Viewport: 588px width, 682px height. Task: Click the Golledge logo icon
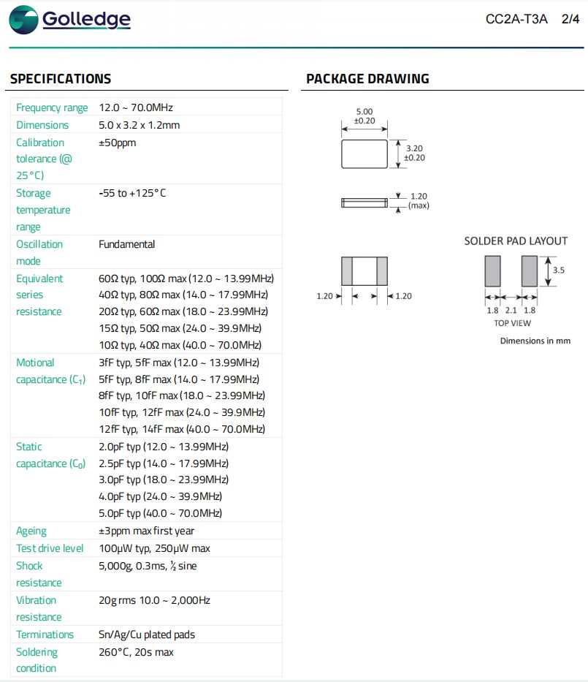click(x=23, y=20)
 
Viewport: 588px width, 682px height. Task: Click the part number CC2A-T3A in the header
click(x=516, y=19)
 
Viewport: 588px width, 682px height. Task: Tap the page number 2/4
click(x=570, y=19)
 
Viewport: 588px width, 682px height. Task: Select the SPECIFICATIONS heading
click(x=61, y=79)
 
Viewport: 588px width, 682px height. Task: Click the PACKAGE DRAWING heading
click(x=367, y=79)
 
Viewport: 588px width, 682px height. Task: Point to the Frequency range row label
click(x=52, y=107)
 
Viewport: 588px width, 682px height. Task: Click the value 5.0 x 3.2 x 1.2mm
click(x=139, y=125)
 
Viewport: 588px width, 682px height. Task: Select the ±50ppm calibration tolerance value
click(x=117, y=143)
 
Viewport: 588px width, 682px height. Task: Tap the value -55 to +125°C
click(x=132, y=193)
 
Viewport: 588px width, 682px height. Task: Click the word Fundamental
click(x=126, y=244)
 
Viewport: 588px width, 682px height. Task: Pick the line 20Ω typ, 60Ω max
click(x=181, y=312)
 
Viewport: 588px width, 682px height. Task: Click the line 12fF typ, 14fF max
click(x=181, y=429)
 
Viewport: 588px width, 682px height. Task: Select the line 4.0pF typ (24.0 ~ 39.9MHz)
click(x=160, y=496)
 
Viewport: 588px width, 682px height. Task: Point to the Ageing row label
click(x=31, y=531)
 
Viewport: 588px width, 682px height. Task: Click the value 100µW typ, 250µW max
click(x=154, y=548)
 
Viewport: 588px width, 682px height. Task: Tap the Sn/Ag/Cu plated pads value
click(x=146, y=634)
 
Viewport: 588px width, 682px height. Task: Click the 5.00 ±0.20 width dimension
click(x=364, y=115)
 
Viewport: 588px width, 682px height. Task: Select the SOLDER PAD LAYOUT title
click(x=516, y=241)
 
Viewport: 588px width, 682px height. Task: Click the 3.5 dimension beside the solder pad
click(x=559, y=270)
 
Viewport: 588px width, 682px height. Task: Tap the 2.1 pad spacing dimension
click(x=511, y=310)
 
